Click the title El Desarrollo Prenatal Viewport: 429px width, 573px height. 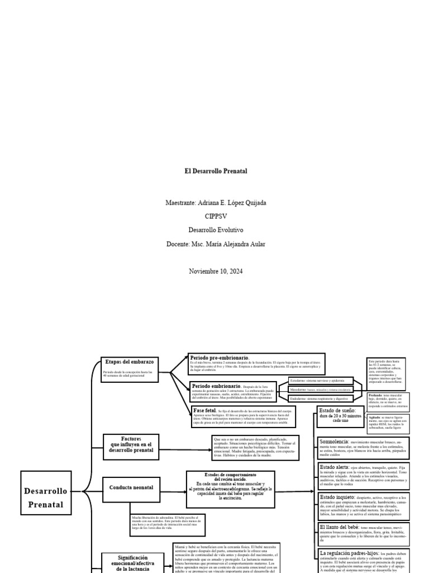(x=216, y=171)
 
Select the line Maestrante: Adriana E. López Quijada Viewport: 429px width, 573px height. (x=216, y=202)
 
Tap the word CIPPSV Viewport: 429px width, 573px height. (x=216, y=216)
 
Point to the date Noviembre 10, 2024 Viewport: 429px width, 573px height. (x=216, y=271)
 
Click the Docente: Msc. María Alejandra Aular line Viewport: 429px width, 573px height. (x=216, y=244)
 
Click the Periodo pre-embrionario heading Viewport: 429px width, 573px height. (x=220, y=358)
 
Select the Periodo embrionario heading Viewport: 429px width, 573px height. (x=217, y=386)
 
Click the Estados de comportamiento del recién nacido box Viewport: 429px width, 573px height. (x=230, y=489)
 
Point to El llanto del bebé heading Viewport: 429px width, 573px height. (x=339, y=527)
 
